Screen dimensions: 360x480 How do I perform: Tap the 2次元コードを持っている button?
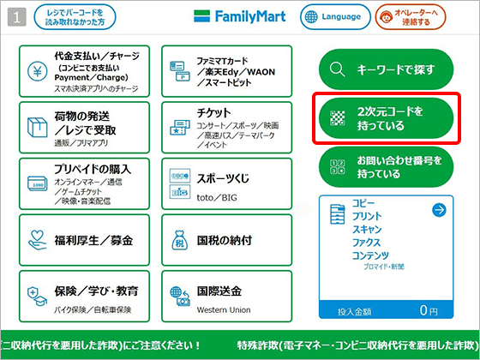pyautogui.click(x=384, y=119)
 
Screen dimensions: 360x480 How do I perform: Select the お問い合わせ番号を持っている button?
pyautogui.click(x=384, y=167)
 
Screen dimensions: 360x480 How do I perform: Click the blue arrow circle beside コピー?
pyautogui.click(x=439, y=209)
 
